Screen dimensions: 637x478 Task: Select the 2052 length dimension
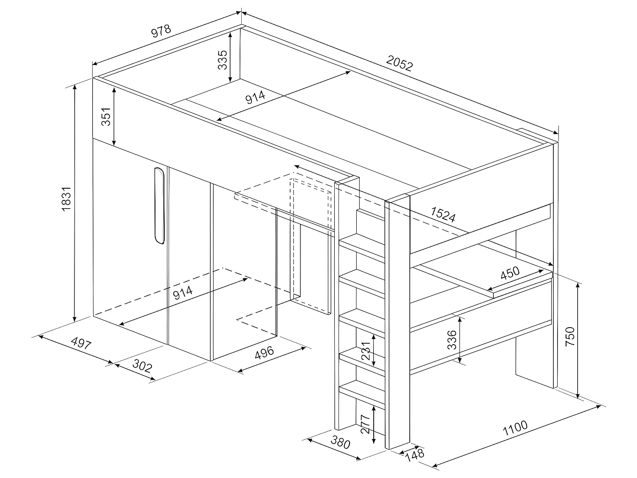pyautogui.click(x=399, y=64)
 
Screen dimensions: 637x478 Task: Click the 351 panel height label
pyautogui.click(x=106, y=116)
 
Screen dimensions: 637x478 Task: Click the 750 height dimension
pyautogui.click(x=570, y=336)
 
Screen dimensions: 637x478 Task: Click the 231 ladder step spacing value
pyautogui.click(x=366, y=351)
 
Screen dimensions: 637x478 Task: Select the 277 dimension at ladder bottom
pyautogui.click(x=366, y=424)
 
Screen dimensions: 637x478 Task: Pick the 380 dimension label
pyautogui.click(x=340, y=443)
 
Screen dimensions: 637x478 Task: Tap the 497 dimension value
pyautogui.click(x=81, y=343)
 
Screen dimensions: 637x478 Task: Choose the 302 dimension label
pyautogui.click(x=142, y=365)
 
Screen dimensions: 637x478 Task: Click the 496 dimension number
pyautogui.click(x=264, y=353)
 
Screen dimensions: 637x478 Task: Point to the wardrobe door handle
pyautogui.click(x=159, y=206)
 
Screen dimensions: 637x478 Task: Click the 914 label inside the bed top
pyautogui.click(x=256, y=97)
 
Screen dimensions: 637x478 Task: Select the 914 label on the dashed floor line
pyautogui.click(x=183, y=292)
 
